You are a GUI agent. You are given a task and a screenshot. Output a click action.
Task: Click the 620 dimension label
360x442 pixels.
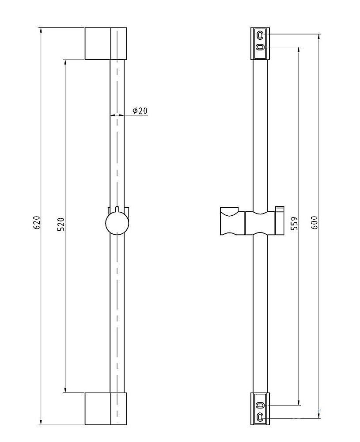[38, 222]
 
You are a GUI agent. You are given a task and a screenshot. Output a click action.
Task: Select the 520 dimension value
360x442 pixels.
[61, 224]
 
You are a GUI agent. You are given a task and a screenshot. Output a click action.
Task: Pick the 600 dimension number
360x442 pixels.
[315, 222]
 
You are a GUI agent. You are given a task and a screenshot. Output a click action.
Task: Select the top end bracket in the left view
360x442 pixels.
[106, 44]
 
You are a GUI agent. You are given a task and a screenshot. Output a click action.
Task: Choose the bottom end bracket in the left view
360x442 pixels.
[106, 408]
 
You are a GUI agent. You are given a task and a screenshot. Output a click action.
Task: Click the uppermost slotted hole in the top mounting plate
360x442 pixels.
[260, 34]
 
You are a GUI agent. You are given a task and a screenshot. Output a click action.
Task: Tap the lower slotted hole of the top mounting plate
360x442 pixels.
[260, 47]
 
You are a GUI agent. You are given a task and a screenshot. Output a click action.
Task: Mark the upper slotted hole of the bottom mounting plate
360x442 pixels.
[260, 404]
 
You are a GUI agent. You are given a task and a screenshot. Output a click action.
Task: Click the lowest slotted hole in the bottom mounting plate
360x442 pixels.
[260, 416]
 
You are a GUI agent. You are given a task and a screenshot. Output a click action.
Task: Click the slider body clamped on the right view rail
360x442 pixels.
[260, 223]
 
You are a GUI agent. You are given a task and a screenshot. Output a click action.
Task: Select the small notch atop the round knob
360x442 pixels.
[117, 209]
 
